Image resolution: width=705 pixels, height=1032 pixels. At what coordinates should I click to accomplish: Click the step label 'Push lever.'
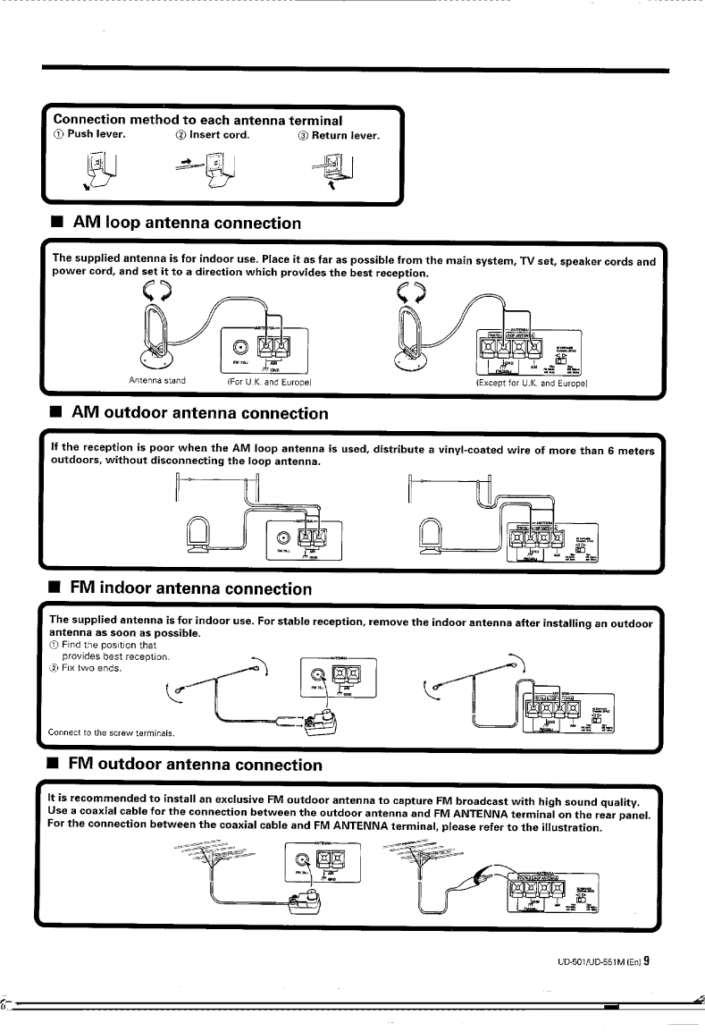(x=96, y=136)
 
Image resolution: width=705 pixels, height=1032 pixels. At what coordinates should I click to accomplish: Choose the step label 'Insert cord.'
(x=219, y=136)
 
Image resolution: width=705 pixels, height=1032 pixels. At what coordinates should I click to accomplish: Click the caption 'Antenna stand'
(x=157, y=380)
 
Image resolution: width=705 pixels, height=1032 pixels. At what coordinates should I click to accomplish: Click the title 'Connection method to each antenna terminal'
(x=198, y=119)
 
